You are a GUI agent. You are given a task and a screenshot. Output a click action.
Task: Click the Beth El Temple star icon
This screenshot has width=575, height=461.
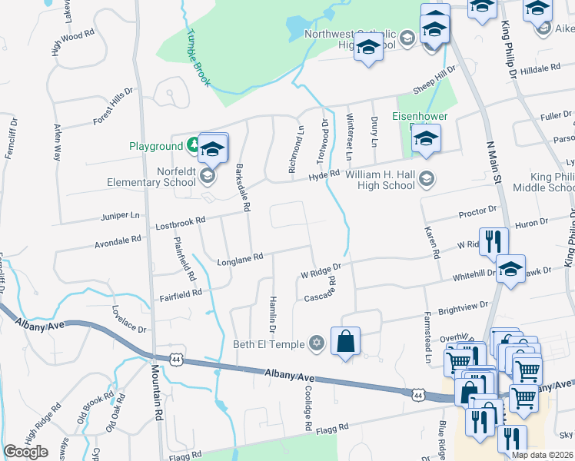tap(316, 343)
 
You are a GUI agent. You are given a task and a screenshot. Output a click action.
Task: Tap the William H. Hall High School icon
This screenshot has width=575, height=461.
tap(427, 180)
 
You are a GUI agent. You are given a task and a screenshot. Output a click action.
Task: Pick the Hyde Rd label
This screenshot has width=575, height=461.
tap(324, 175)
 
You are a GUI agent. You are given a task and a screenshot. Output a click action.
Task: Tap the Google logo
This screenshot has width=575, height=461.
tap(25, 451)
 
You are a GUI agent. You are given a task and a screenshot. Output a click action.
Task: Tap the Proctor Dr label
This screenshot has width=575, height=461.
tap(477, 211)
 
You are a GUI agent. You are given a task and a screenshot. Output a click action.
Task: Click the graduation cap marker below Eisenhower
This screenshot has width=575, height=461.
tap(424, 140)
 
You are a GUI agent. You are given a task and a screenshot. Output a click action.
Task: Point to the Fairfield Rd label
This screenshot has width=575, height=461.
tap(181, 294)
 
